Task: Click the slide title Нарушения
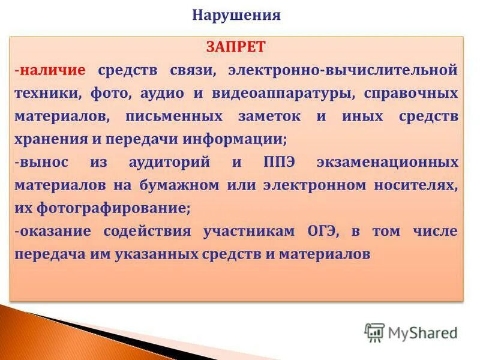coord(236,15)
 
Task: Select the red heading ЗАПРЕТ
coord(236,47)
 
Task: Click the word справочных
coord(411,93)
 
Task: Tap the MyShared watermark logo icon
coord(374,331)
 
